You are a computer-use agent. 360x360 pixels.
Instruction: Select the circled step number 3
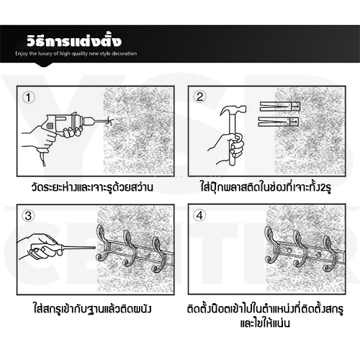[27, 215]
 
